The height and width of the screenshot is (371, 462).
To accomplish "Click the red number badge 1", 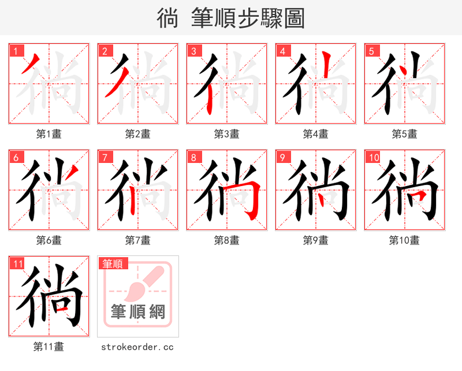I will [x=16, y=51].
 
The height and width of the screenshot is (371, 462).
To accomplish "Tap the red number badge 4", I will [x=283, y=51].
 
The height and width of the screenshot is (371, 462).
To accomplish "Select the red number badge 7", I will [x=105, y=157].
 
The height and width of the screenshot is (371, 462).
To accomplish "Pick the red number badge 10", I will [x=374, y=157].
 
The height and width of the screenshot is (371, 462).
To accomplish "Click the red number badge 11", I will [x=18, y=264].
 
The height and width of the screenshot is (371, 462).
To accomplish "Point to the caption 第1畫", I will [x=49, y=134].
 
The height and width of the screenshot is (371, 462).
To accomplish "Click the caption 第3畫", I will [x=226, y=134].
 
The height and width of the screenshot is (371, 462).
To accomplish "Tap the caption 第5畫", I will [x=404, y=134].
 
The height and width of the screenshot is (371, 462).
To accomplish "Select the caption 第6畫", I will [x=49, y=240].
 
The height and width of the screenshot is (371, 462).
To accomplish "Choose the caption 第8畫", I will [x=226, y=240].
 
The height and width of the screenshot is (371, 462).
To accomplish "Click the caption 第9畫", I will [x=315, y=240].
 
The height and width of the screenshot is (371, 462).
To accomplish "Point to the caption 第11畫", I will [x=49, y=347].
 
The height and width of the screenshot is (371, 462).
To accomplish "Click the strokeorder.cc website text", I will [x=137, y=347].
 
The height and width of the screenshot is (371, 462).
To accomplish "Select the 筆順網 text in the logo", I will [x=138, y=312].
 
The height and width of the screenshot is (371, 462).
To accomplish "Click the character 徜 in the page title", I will [x=167, y=18].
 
